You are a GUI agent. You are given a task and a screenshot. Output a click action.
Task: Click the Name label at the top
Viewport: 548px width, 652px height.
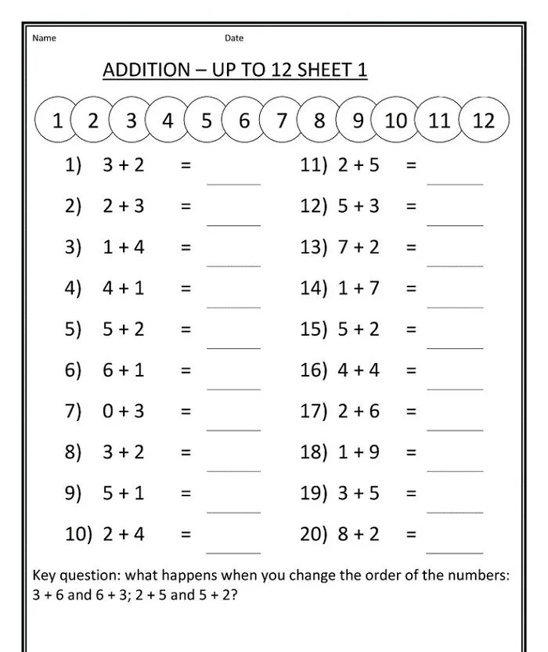pos(44,38)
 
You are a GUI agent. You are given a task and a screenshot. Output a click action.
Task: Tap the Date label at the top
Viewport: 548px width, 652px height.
pos(234,38)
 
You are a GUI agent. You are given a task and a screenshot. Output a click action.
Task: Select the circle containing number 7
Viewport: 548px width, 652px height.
pos(281,121)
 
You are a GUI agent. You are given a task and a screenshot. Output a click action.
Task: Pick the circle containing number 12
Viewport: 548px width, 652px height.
pos(484,121)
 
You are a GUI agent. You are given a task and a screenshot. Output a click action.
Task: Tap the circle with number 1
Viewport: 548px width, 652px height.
pos(57,121)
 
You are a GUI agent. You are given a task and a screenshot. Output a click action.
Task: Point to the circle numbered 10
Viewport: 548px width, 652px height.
pos(396,121)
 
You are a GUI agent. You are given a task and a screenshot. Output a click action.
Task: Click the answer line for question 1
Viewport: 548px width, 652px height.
pos(233,183)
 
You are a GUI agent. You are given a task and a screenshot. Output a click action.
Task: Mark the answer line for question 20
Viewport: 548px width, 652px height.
pos(455,553)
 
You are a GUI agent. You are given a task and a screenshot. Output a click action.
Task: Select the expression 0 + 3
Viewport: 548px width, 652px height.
pos(124,411)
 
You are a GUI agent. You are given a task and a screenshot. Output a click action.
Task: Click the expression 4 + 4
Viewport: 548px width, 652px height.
pos(359,370)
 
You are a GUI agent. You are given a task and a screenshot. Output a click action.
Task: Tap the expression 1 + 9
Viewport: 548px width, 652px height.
pos(359,452)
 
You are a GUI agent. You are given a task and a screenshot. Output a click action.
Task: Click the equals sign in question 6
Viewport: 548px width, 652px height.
pos(186,370)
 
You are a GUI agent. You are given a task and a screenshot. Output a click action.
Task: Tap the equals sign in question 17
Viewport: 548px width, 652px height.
pos(411,411)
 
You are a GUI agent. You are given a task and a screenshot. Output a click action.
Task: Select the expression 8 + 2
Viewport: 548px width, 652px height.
pos(359,535)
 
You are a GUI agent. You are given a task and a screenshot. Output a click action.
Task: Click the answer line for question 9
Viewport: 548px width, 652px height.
pos(233,512)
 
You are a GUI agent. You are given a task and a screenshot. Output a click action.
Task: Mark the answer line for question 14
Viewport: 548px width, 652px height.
pos(455,307)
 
